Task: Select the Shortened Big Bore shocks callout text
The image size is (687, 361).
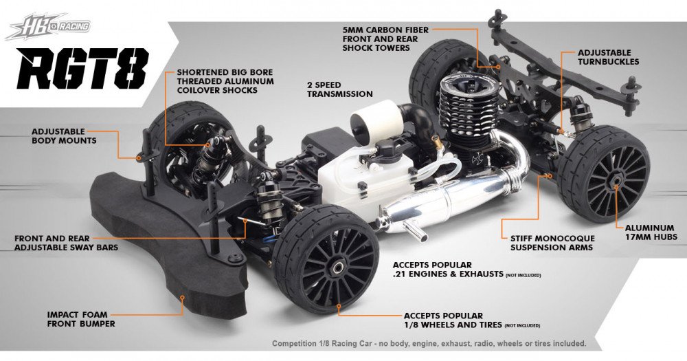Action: (224, 80)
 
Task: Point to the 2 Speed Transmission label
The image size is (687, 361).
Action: (340, 89)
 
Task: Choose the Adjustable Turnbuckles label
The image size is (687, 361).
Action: (608, 56)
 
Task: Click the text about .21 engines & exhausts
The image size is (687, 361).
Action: (440, 270)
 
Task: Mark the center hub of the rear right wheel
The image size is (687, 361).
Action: (616, 180)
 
